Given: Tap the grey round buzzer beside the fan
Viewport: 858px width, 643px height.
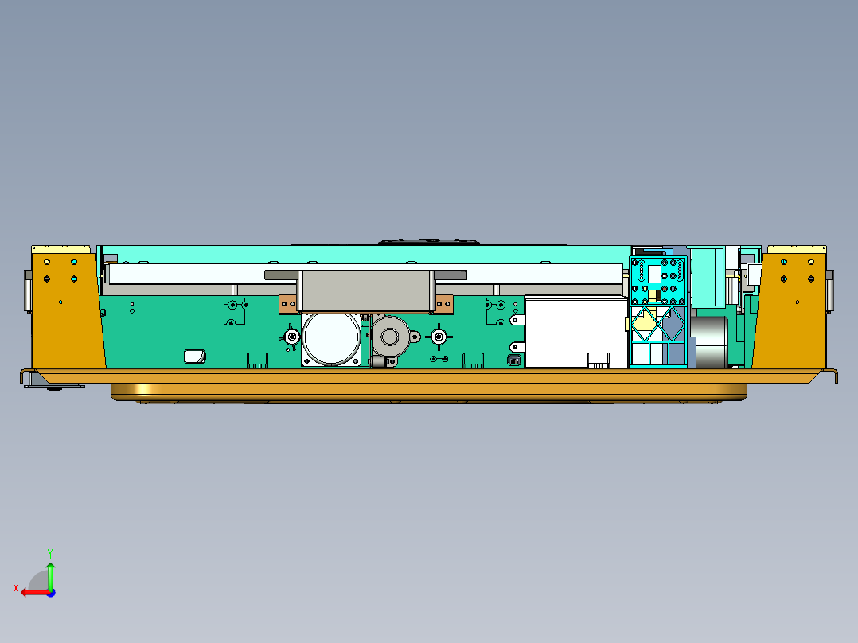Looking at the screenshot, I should pos(390,337).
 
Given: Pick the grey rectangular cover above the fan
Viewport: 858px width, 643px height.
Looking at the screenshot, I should pos(366,290).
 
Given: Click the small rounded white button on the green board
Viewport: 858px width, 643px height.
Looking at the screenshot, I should pos(193,357).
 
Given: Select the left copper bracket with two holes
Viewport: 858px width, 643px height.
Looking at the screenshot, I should pos(287,303).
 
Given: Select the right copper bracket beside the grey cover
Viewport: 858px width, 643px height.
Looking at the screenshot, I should pos(444,303).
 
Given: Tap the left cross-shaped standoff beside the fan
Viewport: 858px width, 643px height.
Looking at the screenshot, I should pos(292,338).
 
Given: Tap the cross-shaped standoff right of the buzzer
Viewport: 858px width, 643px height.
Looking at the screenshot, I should pos(438,338).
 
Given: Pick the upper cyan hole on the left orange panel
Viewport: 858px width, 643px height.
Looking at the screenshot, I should pos(74,262).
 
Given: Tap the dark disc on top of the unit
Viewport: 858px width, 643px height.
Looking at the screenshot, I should pos(430,240).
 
